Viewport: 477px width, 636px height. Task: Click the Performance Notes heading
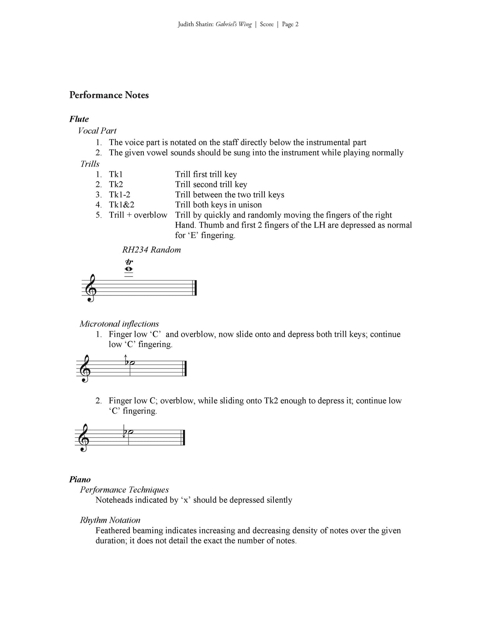[x=109, y=95]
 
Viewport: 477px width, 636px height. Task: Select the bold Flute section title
[x=79, y=119]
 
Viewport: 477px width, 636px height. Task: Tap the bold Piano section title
[x=80, y=479]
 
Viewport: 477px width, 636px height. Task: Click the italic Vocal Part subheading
[x=97, y=131]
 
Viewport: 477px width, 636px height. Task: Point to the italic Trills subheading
[x=90, y=164]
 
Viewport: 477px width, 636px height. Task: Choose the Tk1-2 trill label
[x=119, y=194]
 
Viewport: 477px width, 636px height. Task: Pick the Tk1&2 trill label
[x=121, y=205]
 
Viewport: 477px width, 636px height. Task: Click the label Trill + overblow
[x=138, y=215]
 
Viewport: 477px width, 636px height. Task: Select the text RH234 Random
[x=151, y=250]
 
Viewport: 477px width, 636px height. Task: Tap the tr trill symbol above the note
[x=129, y=262]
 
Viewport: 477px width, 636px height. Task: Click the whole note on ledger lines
[x=128, y=269]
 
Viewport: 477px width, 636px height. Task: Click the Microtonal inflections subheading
[x=119, y=324]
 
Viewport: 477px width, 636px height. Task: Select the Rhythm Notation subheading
[x=110, y=520]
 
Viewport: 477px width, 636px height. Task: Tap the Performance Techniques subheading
[x=124, y=489]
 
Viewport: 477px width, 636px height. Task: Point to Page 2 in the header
[x=290, y=24]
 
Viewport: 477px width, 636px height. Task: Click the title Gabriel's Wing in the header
[x=234, y=24]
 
